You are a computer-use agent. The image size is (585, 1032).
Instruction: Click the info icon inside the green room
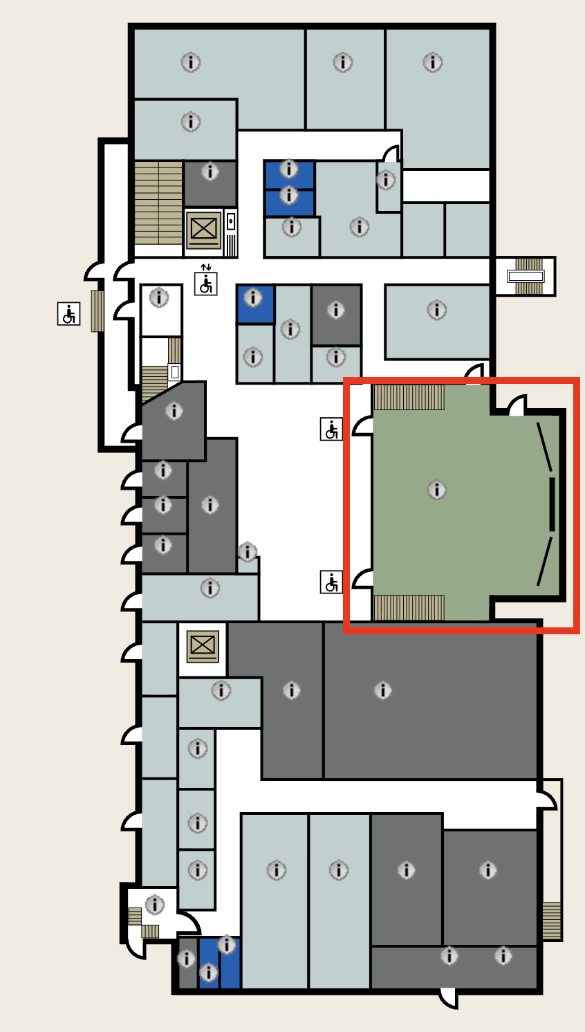436,490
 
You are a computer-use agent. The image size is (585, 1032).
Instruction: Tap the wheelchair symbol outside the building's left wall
68,313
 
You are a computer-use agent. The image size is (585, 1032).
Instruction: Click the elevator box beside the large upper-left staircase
203,229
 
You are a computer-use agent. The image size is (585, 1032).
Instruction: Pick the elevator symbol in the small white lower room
203,646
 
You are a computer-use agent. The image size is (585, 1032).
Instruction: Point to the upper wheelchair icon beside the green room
331,429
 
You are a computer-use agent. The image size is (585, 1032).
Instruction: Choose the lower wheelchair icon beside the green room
331,582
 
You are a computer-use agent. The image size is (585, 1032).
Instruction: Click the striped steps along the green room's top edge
409,398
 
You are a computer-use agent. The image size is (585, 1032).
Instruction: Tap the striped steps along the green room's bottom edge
409,607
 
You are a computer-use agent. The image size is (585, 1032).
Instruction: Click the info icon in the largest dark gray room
382,690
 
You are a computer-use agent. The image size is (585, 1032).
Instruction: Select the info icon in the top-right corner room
433,62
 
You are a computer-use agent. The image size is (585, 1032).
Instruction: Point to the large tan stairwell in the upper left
158,203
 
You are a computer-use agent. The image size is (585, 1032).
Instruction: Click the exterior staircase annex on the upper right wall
526,276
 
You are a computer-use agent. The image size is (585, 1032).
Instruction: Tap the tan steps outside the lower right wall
551,920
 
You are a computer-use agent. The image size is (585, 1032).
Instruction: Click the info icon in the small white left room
159,298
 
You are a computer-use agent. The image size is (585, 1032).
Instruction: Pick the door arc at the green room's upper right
517,405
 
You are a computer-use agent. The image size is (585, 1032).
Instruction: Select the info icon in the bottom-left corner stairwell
154,904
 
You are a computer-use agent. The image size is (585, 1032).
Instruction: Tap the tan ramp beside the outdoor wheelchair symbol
98,311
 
